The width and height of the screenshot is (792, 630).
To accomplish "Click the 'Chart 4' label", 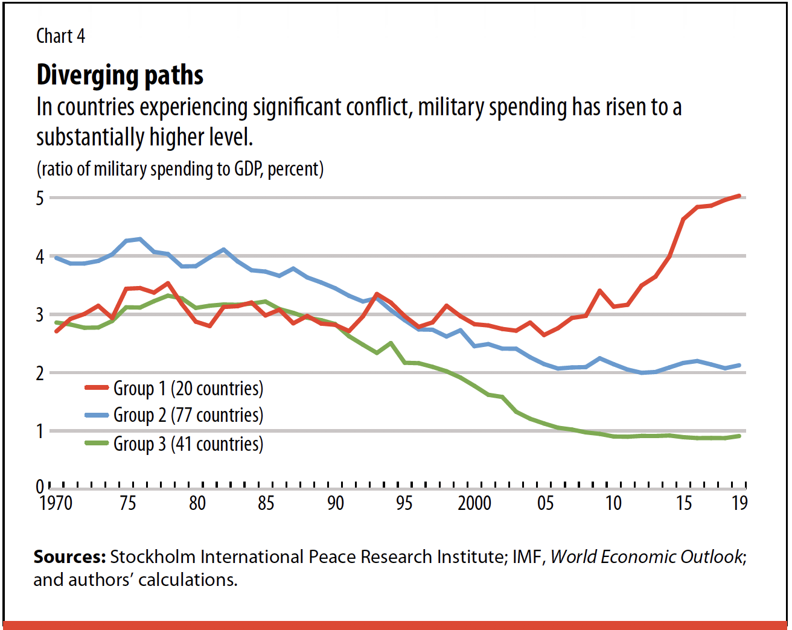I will [60, 36].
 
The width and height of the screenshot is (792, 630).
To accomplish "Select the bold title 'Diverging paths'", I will [120, 75].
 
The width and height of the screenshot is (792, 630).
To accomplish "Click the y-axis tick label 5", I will [40, 198].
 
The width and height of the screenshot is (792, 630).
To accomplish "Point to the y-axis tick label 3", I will [40, 314].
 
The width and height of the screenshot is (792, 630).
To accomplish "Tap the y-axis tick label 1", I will [40, 431].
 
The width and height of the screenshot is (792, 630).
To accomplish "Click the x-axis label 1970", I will [56, 503].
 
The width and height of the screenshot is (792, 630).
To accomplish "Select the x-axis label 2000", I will [474, 503].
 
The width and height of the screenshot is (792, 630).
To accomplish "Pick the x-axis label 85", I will [266, 503].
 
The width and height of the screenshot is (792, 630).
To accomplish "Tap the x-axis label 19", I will [739, 503].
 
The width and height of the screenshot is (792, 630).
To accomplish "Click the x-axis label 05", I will [545, 503].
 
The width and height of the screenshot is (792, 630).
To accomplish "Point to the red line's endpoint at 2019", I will [739, 196].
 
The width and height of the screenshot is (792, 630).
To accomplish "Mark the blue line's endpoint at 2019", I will [739, 365].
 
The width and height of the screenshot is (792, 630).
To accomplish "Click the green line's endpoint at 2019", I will [739, 436].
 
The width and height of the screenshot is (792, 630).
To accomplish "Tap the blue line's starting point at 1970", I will [56, 258].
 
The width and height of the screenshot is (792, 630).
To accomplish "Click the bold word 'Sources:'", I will [69, 556].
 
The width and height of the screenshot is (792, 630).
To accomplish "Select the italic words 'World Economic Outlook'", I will [646, 556].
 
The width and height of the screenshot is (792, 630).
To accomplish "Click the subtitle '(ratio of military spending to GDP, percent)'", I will [180, 169].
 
